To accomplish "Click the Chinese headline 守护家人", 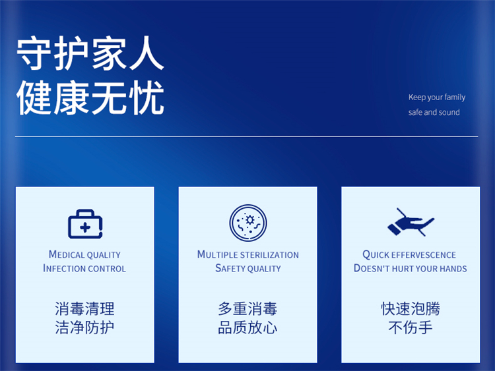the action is [x=90, y=53].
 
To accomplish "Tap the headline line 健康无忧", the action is [x=90, y=98].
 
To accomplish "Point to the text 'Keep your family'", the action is [x=437, y=98].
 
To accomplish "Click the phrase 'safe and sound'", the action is [x=434, y=112].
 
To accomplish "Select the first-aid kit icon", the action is [x=85, y=224].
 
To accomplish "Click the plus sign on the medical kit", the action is [x=85, y=227].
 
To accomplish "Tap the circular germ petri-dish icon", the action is [x=248, y=223].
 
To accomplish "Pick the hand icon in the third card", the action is [x=411, y=222].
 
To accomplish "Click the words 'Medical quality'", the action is [x=84, y=254].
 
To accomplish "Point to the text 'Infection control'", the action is [x=84, y=268].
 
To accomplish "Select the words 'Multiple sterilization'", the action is [x=247, y=254].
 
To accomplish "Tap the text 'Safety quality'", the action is [x=247, y=268].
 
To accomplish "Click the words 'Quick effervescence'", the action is [x=409, y=254].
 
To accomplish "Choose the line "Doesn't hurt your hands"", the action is [x=410, y=268].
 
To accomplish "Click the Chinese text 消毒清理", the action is [x=84, y=308].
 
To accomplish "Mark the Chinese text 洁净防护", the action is [x=84, y=328].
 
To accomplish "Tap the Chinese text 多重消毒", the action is [x=247, y=308].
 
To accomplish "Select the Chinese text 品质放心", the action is [x=247, y=328].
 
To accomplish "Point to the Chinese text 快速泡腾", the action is [x=411, y=308].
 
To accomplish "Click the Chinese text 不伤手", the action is [x=411, y=328].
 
